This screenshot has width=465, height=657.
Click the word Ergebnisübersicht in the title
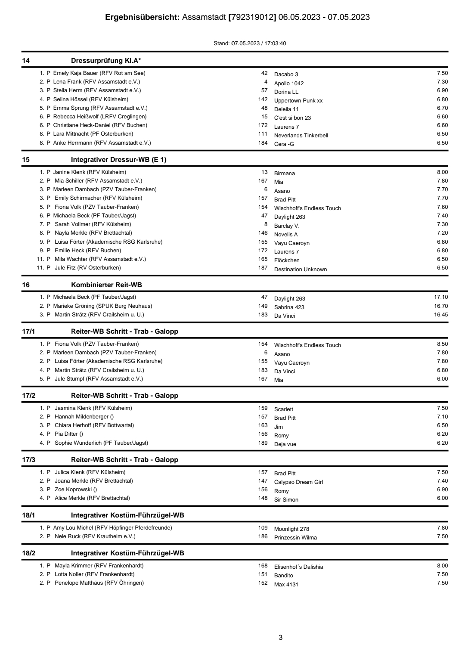142,17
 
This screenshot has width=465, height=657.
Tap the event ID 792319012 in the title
252,17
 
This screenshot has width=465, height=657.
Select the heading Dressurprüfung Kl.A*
106,60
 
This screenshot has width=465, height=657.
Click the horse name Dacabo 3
286,74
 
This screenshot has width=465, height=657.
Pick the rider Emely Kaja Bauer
76,73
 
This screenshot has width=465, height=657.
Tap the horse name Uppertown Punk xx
298,101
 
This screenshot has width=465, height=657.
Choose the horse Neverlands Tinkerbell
301,136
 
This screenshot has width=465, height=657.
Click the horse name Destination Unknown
300,270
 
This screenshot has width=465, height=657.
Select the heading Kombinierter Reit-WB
106,285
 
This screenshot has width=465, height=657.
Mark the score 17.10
441,297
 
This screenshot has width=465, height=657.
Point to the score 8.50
442,344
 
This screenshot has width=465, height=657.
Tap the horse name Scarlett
283,409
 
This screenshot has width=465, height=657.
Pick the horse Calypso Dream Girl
298,482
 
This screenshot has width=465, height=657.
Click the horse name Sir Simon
286,500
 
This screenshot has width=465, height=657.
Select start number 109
263,528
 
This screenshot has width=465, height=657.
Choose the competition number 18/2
28,553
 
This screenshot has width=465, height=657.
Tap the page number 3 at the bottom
281,638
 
